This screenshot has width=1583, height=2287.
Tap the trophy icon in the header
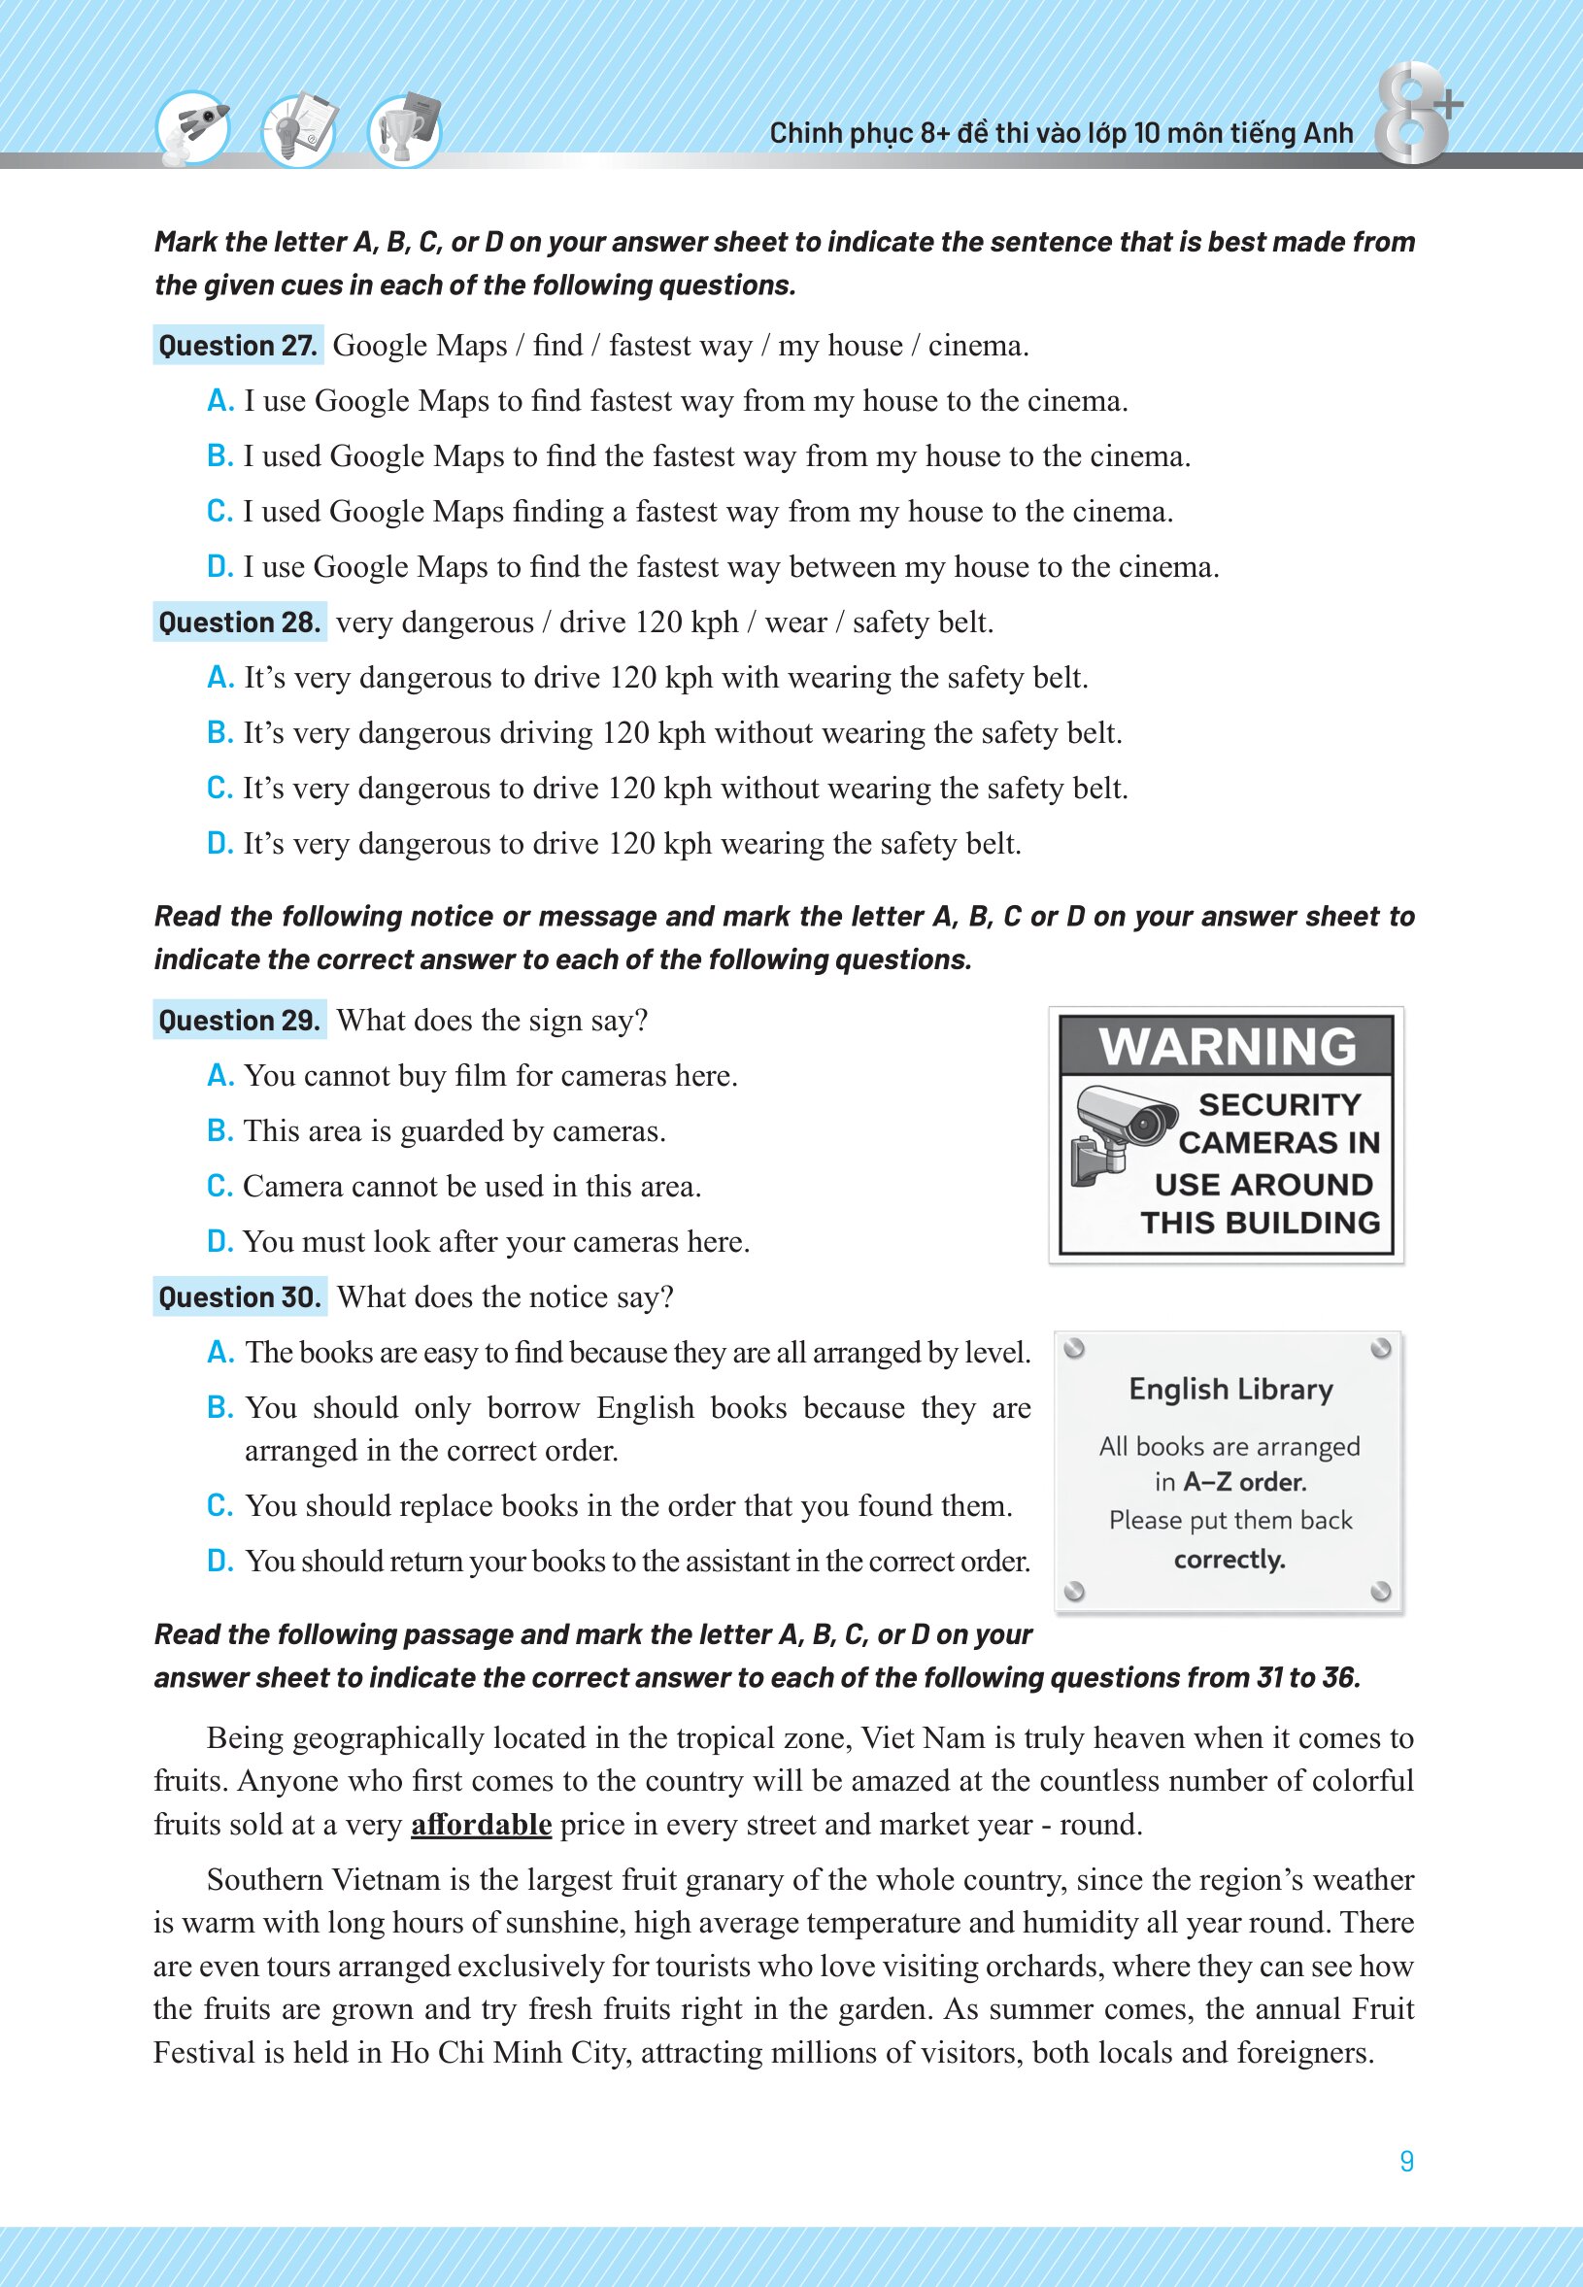coord(405,131)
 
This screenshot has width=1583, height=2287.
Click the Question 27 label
coord(238,345)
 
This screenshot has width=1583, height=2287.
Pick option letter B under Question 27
coord(219,456)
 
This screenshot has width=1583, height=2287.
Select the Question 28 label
coord(239,622)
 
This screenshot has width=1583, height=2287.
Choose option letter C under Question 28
coord(219,789)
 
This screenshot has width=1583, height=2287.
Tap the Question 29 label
coord(239,1021)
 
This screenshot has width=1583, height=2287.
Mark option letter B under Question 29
coord(219,1131)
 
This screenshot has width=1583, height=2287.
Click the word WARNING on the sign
coord(1227,1047)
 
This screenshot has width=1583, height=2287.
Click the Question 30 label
coord(240,1297)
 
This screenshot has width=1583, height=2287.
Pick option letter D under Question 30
coord(219,1561)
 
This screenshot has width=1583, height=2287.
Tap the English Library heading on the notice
coord(1229,1390)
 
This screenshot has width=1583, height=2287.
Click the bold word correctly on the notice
coord(1229,1559)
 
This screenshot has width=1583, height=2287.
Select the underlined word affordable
coord(481,1825)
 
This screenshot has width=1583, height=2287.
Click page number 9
coord(1406,2161)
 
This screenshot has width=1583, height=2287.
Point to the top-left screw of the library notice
coord(1074,1349)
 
